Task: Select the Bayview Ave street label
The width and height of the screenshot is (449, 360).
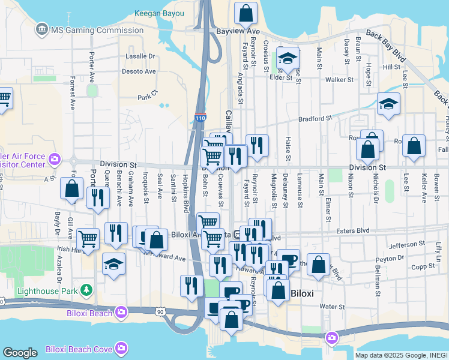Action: [238, 31]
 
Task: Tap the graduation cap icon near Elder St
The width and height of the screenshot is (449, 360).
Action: [288, 58]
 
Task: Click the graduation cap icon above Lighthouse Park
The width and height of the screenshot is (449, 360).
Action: [113, 265]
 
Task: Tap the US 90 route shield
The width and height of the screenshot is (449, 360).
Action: [160, 312]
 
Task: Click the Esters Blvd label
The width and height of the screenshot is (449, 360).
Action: [370, 230]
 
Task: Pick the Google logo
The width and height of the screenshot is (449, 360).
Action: [20, 353]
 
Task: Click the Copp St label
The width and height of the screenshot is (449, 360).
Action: [424, 265]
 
